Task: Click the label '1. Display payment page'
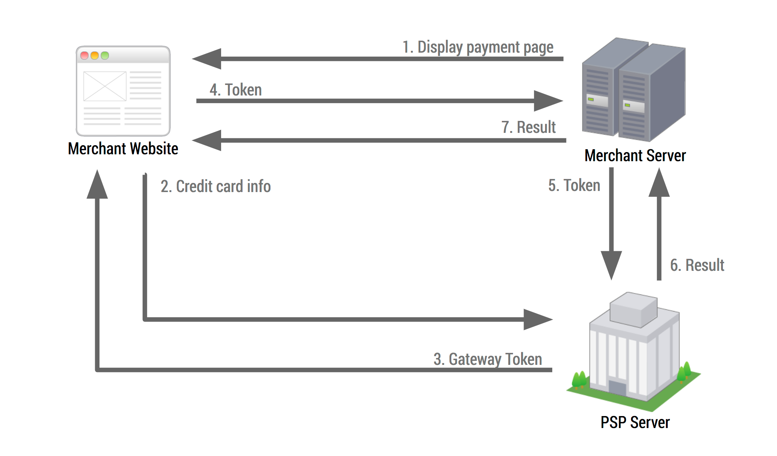click(478, 48)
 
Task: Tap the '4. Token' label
click(236, 90)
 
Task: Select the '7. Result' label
click(528, 127)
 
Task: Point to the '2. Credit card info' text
click(216, 187)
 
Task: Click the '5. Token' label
click(574, 186)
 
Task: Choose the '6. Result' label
click(697, 265)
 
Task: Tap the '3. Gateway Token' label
click(488, 359)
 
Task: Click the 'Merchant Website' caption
click(123, 149)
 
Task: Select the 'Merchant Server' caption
click(635, 156)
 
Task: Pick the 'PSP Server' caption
click(635, 423)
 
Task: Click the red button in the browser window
click(85, 56)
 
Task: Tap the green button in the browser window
click(105, 56)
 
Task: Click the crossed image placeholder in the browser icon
click(105, 86)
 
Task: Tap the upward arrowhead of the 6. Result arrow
click(659, 184)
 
